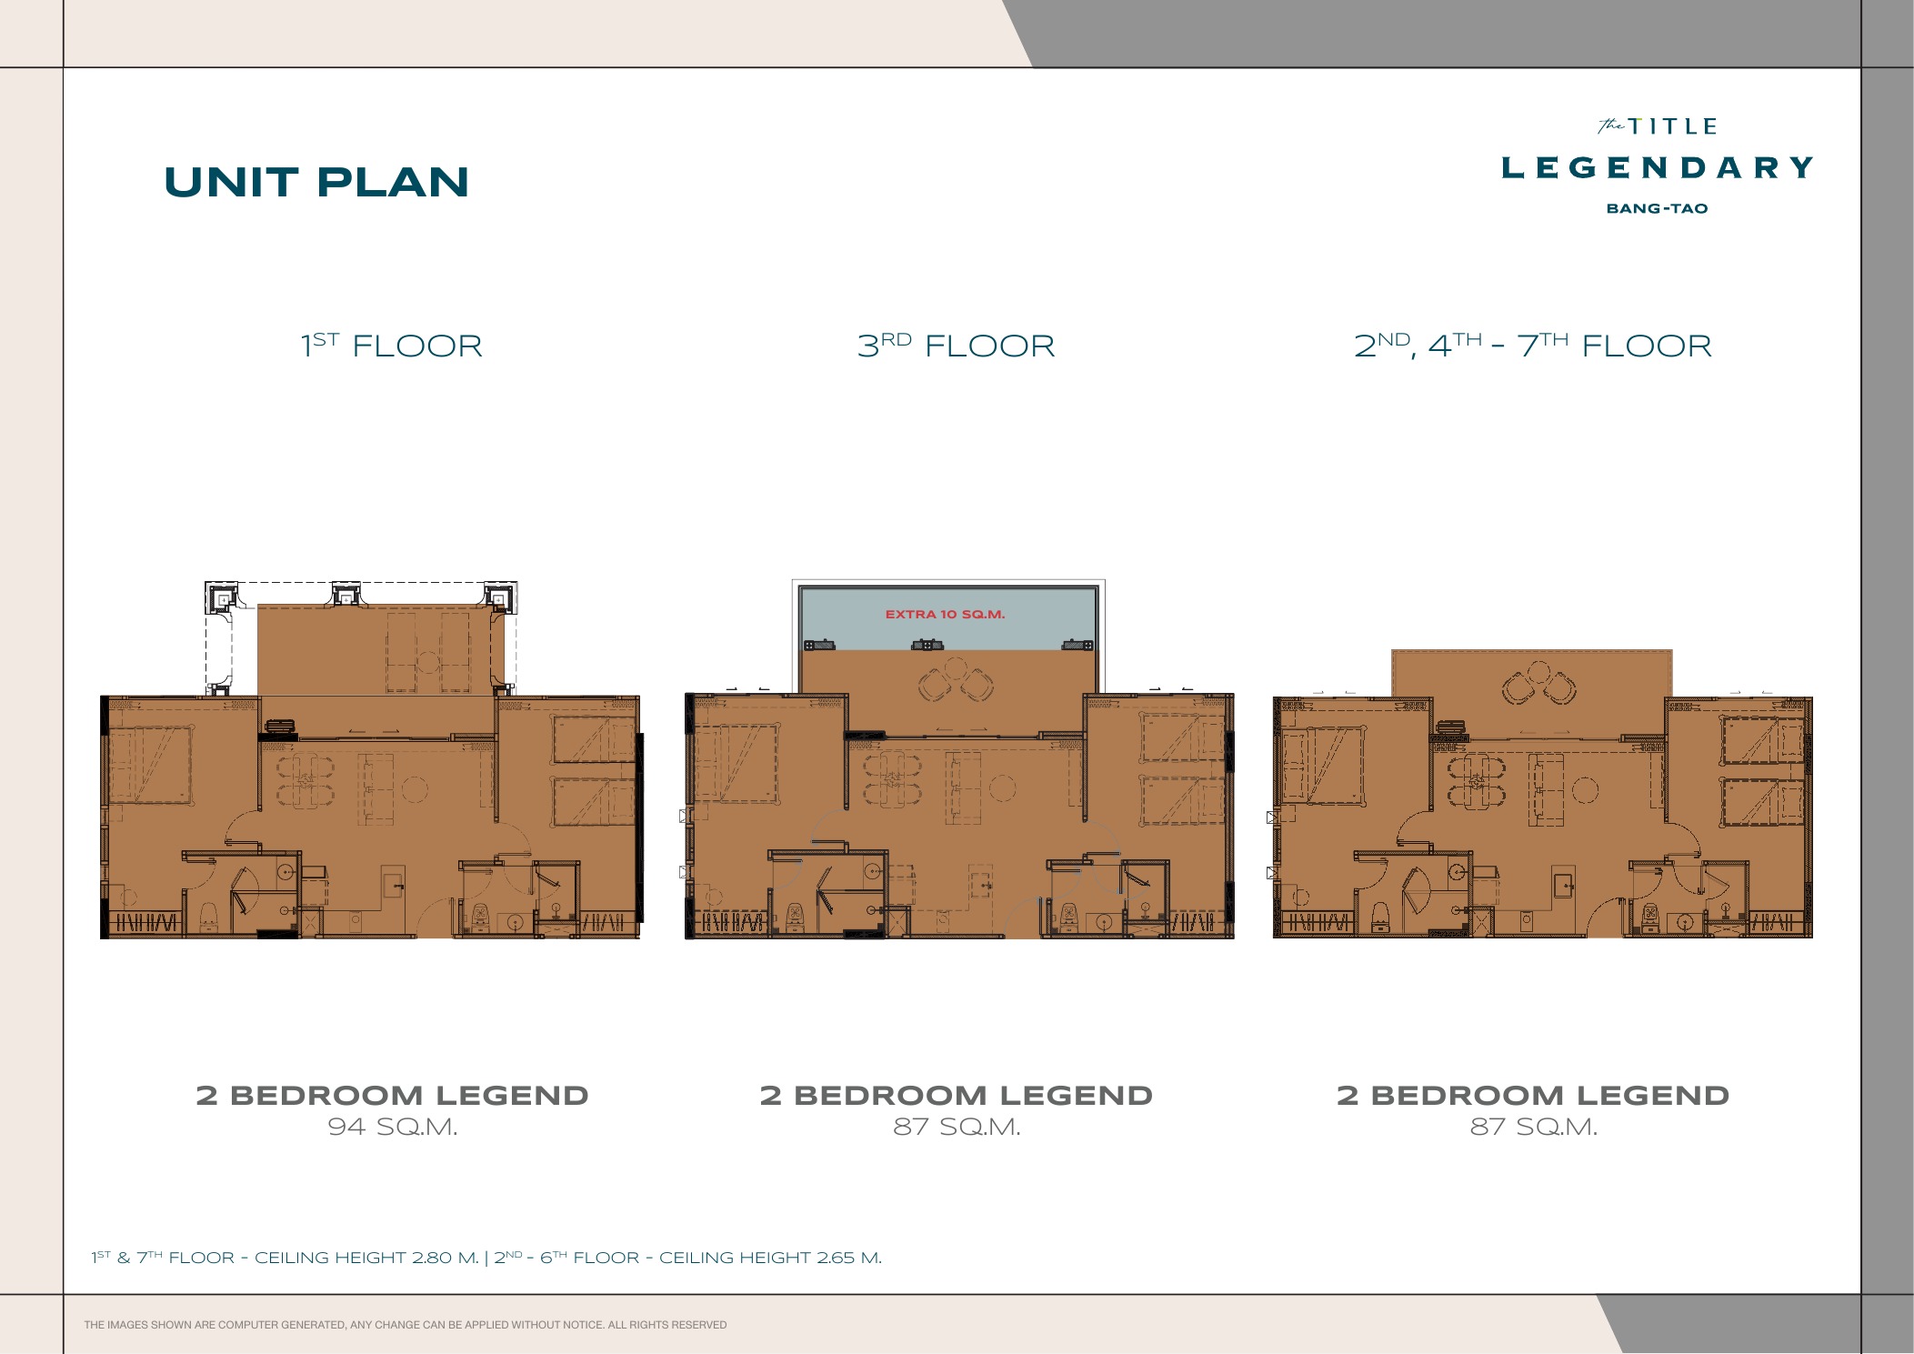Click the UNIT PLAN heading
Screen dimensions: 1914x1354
coord(316,182)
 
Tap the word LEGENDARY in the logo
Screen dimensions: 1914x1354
coord(1657,167)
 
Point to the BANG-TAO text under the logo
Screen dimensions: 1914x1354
coord(1657,208)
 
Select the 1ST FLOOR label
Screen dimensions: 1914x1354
coord(392,346)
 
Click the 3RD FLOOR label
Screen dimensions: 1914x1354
coord(956,346)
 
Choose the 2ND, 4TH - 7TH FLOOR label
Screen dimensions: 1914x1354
coord(1533,346)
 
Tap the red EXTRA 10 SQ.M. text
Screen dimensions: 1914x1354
coord(945,615)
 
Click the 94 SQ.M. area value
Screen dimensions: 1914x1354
coord(392,1127)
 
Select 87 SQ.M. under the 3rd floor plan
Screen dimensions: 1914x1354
coord(957,1127)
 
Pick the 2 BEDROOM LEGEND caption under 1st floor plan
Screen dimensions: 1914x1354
coord(392,1095)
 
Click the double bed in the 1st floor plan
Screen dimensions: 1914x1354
coord(151,765)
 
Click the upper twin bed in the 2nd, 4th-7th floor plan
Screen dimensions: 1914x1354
coord(1761,740)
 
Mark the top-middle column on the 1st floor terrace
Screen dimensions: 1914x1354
coord(346,595)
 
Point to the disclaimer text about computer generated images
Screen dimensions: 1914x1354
coord(406,1325)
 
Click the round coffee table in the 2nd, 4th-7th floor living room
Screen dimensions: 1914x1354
coord(1585,789)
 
